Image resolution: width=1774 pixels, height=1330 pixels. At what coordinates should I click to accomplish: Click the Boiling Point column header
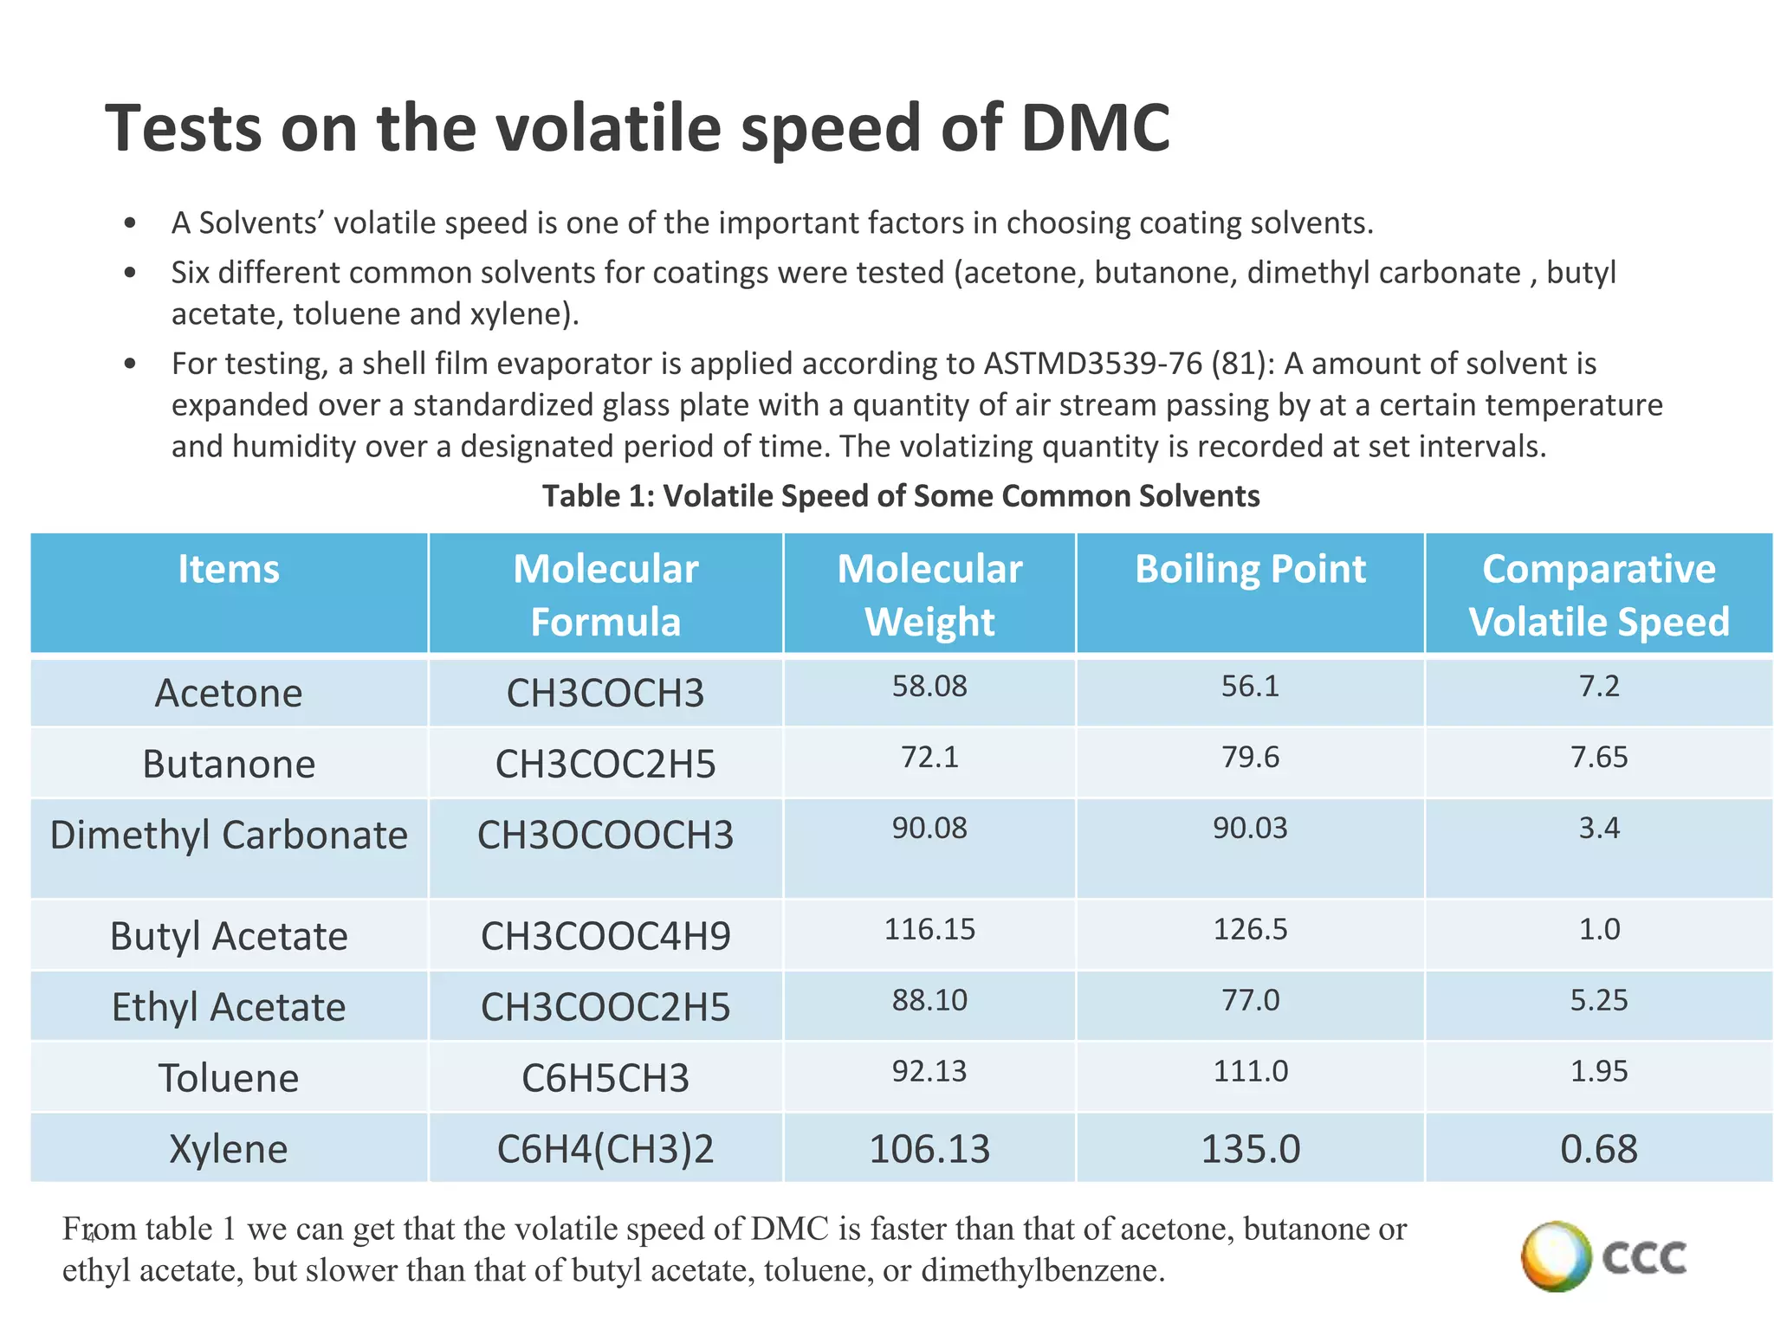[x=1250, y=570]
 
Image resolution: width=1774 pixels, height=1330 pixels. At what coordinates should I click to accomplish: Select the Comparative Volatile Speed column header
[x=1598, y=595]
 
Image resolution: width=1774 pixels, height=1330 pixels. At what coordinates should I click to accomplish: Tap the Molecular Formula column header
[x=605, y=595]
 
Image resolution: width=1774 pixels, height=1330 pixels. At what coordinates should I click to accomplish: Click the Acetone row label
[x=229, y=693]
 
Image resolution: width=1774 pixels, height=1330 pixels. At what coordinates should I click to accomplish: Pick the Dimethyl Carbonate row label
[x=229, y=835]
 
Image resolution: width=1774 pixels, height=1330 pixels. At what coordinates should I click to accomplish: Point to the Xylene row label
[x=229, y=1149]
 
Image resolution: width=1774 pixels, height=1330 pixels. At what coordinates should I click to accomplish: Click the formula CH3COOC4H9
[x=605, y=936]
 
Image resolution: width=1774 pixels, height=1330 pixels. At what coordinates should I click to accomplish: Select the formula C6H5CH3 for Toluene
[x=605, y=1078]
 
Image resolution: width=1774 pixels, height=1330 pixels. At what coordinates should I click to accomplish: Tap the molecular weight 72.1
[x=929, y=758]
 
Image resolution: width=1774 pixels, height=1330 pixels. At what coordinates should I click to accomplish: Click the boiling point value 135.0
[x=1250, y=1149]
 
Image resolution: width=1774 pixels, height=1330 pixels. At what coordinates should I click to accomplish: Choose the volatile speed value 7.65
[x=1599, y=758]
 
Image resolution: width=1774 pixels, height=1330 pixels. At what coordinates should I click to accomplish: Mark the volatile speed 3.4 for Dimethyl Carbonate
[x=1599, y=829]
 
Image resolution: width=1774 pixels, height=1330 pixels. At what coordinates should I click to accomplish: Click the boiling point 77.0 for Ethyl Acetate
[x=1250, y=1001]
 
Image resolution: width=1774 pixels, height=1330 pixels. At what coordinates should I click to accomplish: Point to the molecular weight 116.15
[x=929, y=930]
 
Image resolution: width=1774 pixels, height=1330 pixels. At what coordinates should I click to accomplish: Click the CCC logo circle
[x=1556, y=1256]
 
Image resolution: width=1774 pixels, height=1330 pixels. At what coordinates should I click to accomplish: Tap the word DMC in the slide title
[x=1095, y=128]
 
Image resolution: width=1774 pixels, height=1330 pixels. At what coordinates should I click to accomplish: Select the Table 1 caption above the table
[x=901, y=496]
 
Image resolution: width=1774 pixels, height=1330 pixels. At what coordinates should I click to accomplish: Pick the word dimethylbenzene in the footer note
[x=1041, y=1270]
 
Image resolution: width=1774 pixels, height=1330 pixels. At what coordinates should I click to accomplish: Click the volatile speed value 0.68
[x=1599, y=1149]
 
